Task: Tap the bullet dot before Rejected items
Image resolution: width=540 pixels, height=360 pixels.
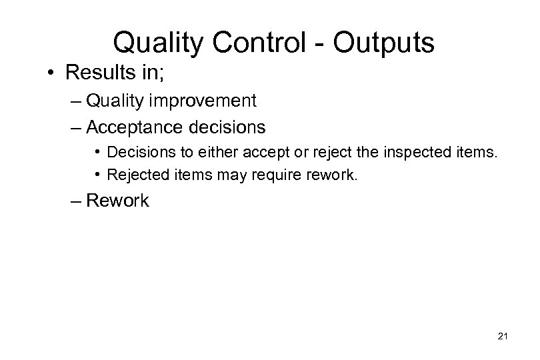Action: click(99, 175)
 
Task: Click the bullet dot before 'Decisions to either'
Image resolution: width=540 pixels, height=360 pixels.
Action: click(99, 152)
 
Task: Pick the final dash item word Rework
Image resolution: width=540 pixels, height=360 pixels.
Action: click(118, 201)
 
